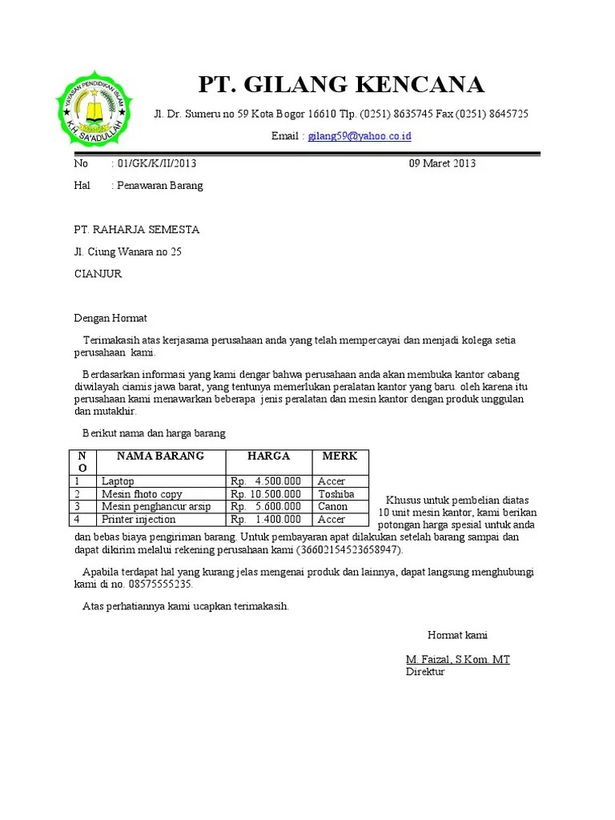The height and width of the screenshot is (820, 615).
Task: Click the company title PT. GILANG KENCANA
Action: click(x=340, y=84)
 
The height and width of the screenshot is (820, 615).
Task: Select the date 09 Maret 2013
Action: click(x=442, y=163)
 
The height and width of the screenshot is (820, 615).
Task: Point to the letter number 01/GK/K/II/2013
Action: click(x=157, y=163)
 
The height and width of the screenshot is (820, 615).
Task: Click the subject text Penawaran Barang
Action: click(x=160, y=185)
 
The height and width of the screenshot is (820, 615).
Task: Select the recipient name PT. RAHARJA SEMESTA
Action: click(x=136, y=230)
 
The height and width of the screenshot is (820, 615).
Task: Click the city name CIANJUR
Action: click(x=98, y=273)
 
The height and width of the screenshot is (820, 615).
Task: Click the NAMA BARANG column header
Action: click(x=160, y=456)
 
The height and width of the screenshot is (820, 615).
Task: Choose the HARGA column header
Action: click(x=268, y=456)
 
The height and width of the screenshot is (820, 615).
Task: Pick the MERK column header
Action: click(x=340, y=456)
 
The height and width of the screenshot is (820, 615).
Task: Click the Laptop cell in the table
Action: click(x=118, y=481)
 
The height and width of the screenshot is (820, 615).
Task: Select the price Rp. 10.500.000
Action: click(x=266, y=494)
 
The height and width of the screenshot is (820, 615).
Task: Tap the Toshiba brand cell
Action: click(x=336, y=494)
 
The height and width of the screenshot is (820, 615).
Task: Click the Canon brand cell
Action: click(x=332, y=507)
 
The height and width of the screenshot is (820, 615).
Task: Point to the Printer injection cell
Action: click(x=138, y=520)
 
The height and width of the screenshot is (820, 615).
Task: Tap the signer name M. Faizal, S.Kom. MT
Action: click(x=457, y=660)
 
